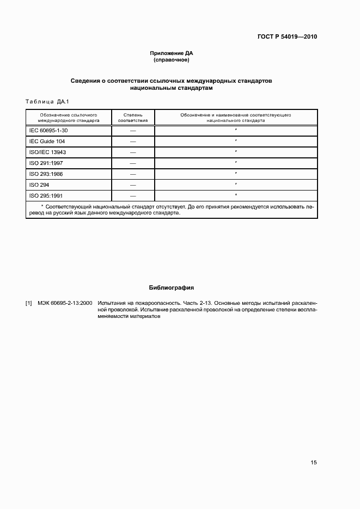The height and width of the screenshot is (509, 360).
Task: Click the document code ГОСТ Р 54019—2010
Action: click(286, 37)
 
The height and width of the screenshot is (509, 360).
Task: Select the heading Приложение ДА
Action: click(172, 53)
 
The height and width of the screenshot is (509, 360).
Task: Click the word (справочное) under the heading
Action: click(172, 60)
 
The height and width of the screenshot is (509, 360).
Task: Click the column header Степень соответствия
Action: click(133, 118)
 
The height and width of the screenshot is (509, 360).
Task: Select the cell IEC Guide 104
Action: click(47, 142)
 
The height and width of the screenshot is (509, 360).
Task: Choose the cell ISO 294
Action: click(39, 185)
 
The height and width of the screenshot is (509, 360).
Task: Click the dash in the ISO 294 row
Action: click(133, 185)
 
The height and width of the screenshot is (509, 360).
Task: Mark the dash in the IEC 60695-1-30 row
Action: click(133, 131)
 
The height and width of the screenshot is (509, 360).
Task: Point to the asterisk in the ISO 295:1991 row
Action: click(235, 194)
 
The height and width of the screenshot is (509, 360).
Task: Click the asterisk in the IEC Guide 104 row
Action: click(235, 141)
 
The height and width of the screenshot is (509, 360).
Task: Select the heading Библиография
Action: click(172, 287)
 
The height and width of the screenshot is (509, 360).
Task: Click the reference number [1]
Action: click(29, 303)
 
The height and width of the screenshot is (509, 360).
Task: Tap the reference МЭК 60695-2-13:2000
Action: click(65, 303)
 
